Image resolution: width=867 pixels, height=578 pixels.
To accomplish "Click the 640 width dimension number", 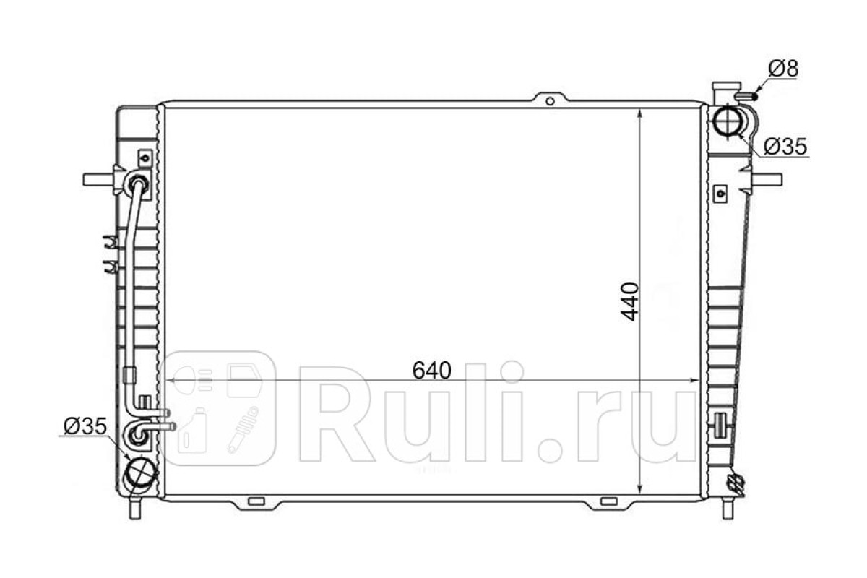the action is pos(431,371).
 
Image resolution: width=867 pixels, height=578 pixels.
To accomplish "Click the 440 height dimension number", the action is pos(630,301).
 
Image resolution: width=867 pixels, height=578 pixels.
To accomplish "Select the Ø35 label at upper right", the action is pos(785,147).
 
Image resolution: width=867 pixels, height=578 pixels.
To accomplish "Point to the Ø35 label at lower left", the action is pos(85,426).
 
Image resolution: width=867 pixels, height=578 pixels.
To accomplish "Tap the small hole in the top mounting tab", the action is pos(550,101).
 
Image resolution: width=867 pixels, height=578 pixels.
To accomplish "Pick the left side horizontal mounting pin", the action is pos(98,180).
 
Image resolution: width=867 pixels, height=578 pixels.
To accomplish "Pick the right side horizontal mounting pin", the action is pos(767,180).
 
